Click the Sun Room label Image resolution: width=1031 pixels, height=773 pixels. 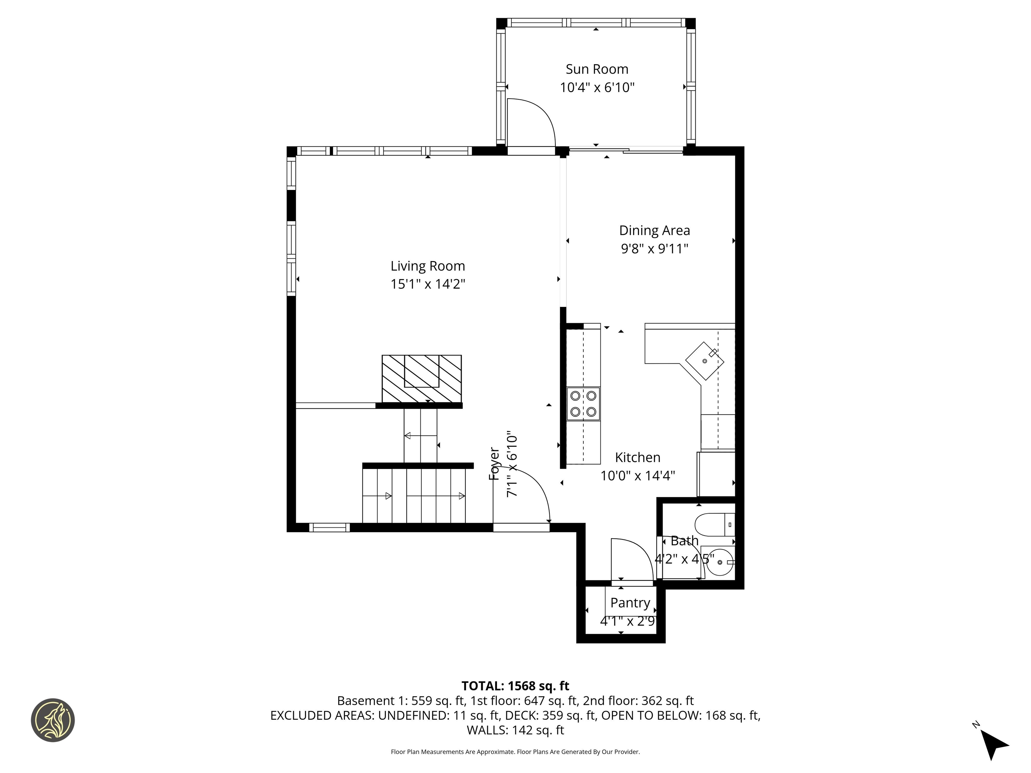(x=597, y=69)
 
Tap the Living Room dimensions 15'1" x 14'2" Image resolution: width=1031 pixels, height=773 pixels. (x=428, y=284)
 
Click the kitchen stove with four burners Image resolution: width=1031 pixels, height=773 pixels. (x=583, y=404)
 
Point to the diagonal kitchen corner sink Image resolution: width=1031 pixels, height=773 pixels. (x=704, y=361)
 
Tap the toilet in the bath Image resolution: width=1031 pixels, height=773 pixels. (x=713, y=525)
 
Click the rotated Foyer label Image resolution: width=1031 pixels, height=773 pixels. (x=494, y=464)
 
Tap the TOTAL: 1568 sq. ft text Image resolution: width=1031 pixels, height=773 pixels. (x=515, y=686)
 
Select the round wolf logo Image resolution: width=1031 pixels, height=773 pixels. (x=53, y=720)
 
